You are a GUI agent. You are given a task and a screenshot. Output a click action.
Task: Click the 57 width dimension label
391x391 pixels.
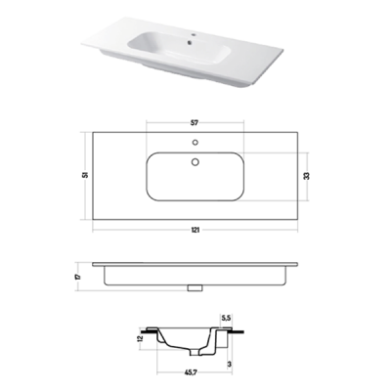point(195,122)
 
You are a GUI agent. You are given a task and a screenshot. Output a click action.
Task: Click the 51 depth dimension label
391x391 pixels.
point(85,175)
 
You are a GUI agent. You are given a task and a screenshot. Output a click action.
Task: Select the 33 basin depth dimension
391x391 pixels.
point(306,176)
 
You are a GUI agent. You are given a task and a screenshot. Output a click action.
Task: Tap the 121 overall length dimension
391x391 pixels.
point(195,230)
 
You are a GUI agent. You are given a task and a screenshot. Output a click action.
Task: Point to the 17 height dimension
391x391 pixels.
point(77,277)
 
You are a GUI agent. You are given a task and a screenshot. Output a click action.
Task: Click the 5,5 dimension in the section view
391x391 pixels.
point(226,318)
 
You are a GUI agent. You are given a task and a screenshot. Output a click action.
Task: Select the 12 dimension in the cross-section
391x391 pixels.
point(140,338)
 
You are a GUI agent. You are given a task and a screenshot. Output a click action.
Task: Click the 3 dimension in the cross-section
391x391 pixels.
point(230,364)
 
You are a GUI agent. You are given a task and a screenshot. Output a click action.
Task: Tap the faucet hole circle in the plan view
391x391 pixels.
point(195,143)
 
